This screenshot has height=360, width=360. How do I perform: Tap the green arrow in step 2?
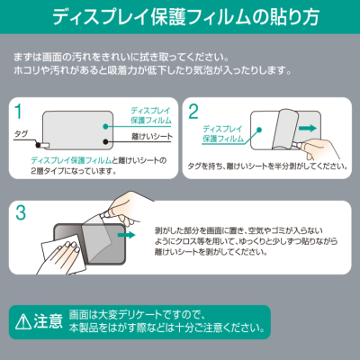(x=309, y=129)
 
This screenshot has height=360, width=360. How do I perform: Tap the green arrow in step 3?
(x=125, y=237)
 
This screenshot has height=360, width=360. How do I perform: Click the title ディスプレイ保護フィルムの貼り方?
(x=180, y=17)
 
